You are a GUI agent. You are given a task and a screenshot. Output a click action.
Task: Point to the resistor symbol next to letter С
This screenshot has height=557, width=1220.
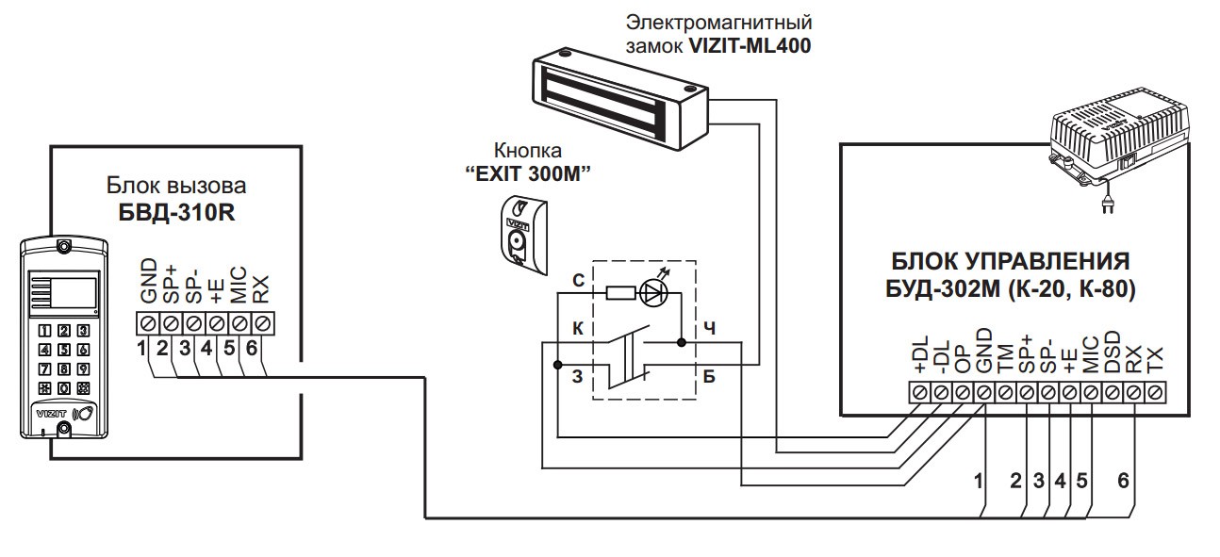[x=618, y=293]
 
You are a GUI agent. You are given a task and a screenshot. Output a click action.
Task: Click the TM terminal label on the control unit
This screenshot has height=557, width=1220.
[x=1005, y=359]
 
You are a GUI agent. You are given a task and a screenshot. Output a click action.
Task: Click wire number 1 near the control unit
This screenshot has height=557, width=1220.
[x=979, y=481]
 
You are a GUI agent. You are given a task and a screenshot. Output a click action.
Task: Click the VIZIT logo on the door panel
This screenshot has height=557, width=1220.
[x=51, y=411]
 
